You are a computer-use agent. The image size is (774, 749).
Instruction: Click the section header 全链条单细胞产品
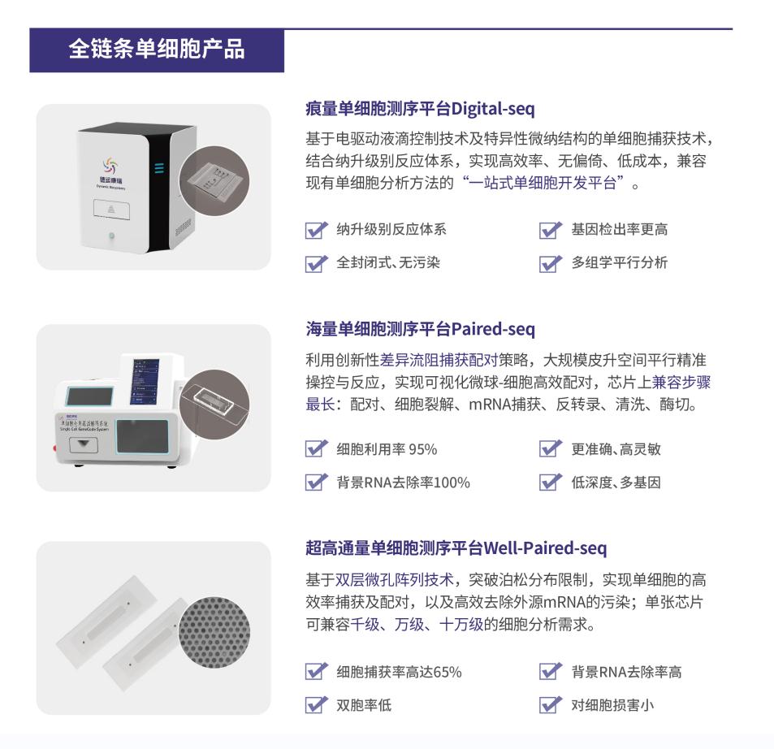tap(156, 50)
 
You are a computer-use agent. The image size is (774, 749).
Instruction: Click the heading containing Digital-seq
tap(419, 108)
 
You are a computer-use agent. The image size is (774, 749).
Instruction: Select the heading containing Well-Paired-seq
tap(456, 548)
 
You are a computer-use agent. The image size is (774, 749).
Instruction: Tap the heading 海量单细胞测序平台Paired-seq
tap(420, 329)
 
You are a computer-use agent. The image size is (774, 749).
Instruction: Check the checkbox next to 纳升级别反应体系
tap(314, 230)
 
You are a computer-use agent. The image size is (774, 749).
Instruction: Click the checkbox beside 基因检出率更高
tap(551, 230)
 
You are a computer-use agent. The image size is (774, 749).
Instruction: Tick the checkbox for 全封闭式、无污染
tap(314, 263)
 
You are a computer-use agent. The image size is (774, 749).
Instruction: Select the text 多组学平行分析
tap(619, 263)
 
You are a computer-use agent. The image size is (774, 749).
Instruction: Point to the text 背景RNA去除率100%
tap(403, 483)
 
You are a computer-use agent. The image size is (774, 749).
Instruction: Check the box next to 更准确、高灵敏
tap(551, 449)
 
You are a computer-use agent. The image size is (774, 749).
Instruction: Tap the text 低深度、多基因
tap(615, 483)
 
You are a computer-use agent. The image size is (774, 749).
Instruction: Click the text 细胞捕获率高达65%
tap(399, 672)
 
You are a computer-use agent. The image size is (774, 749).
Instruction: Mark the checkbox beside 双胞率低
tap(314, 704)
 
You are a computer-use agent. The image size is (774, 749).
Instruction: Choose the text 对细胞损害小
tap(612, 704)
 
